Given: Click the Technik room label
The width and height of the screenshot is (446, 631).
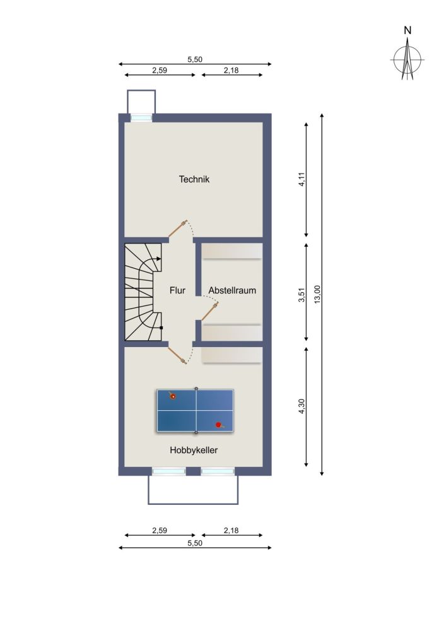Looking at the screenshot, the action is tap(194, 179).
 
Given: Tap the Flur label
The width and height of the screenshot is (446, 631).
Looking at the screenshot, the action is tap(177, 290).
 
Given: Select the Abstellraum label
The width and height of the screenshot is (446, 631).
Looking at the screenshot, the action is tap(232, 290).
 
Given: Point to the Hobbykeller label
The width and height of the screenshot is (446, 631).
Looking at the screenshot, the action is tap(194, 450).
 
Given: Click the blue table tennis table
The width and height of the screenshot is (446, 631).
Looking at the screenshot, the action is tap(196, 411).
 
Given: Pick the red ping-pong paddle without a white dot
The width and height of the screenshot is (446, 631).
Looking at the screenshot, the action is tap(219, 425).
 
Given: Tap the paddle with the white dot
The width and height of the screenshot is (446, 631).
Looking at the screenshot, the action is tap(172, 396).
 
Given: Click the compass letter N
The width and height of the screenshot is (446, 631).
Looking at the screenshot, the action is tap(408, 30).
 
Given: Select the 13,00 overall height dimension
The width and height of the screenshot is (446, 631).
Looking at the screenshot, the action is tap(317, 294).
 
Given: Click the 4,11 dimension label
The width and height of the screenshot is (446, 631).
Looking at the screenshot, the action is tap(302, 179).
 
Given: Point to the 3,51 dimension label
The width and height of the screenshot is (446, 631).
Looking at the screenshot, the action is tap(302, 294).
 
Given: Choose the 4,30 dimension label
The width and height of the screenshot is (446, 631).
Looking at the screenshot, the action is tap(302, 406).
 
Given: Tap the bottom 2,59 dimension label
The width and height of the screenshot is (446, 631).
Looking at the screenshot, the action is tap(160, 531).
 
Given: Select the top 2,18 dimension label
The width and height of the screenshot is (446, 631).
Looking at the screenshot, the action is tap(232, 70).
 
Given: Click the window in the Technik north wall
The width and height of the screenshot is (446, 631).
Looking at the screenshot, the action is tap(141, 118).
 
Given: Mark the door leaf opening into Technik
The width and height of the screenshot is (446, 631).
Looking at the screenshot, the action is tap(177, 228).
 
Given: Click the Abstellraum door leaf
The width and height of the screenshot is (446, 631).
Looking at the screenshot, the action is tap(209, 312).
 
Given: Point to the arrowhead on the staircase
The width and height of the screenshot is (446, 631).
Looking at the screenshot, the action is tap(159, 259).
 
